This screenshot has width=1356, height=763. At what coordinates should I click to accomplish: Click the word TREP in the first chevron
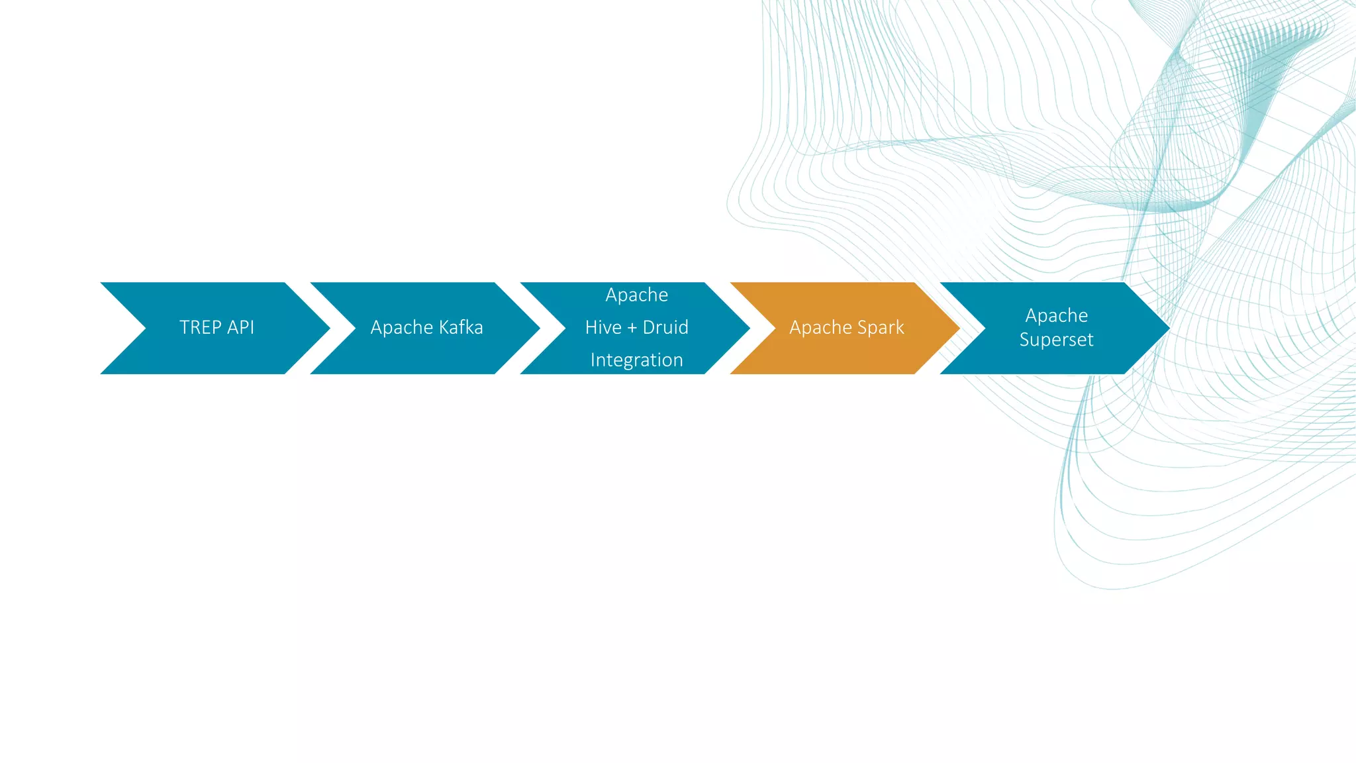tap(200, 327)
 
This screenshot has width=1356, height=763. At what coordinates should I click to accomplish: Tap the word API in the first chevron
tap(240, 327)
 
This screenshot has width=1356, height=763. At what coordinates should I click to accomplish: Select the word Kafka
tap(461, 327)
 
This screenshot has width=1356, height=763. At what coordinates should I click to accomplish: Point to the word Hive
tap(603, 327)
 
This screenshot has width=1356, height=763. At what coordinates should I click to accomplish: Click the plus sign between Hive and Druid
tap(632, 328)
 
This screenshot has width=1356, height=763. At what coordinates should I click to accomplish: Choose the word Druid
tap(665, 327)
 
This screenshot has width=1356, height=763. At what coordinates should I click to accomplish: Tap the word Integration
tap(636, 360)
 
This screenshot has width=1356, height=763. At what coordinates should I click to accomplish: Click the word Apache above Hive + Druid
tap(636, 295)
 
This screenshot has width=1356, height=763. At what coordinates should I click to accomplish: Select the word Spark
tap(881, 328)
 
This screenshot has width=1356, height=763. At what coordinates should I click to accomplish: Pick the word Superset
tap(1056, 340)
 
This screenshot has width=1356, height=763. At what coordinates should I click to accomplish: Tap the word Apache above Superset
tap(1056, 315)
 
